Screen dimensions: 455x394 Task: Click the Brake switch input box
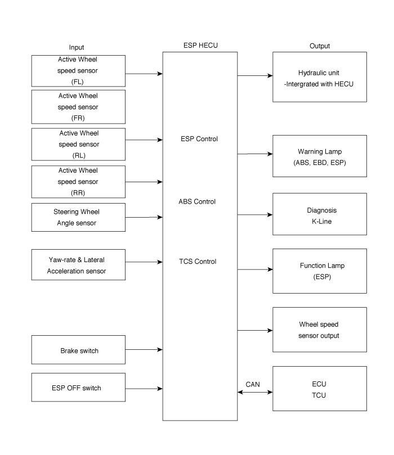79,350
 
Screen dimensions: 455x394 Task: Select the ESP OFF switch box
79,388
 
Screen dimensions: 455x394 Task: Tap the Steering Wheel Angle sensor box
79,217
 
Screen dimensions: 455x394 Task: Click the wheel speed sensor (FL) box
79,70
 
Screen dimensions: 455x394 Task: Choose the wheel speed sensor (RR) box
79,181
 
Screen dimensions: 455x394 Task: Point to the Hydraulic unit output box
319,78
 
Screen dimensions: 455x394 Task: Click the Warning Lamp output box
319,156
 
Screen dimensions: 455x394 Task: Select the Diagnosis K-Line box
319,214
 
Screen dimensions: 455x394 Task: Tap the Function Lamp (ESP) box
319,271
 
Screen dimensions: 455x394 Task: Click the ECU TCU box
319,389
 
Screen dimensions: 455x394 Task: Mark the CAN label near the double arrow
253,385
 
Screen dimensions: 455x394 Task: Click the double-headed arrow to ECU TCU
255,393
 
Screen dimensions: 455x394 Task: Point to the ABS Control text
197,201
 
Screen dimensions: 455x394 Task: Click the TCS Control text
197,262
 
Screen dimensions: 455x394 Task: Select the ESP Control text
197,139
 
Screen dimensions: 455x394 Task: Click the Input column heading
77,47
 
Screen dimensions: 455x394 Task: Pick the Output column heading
319,46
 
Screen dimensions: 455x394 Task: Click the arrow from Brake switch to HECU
144,350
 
